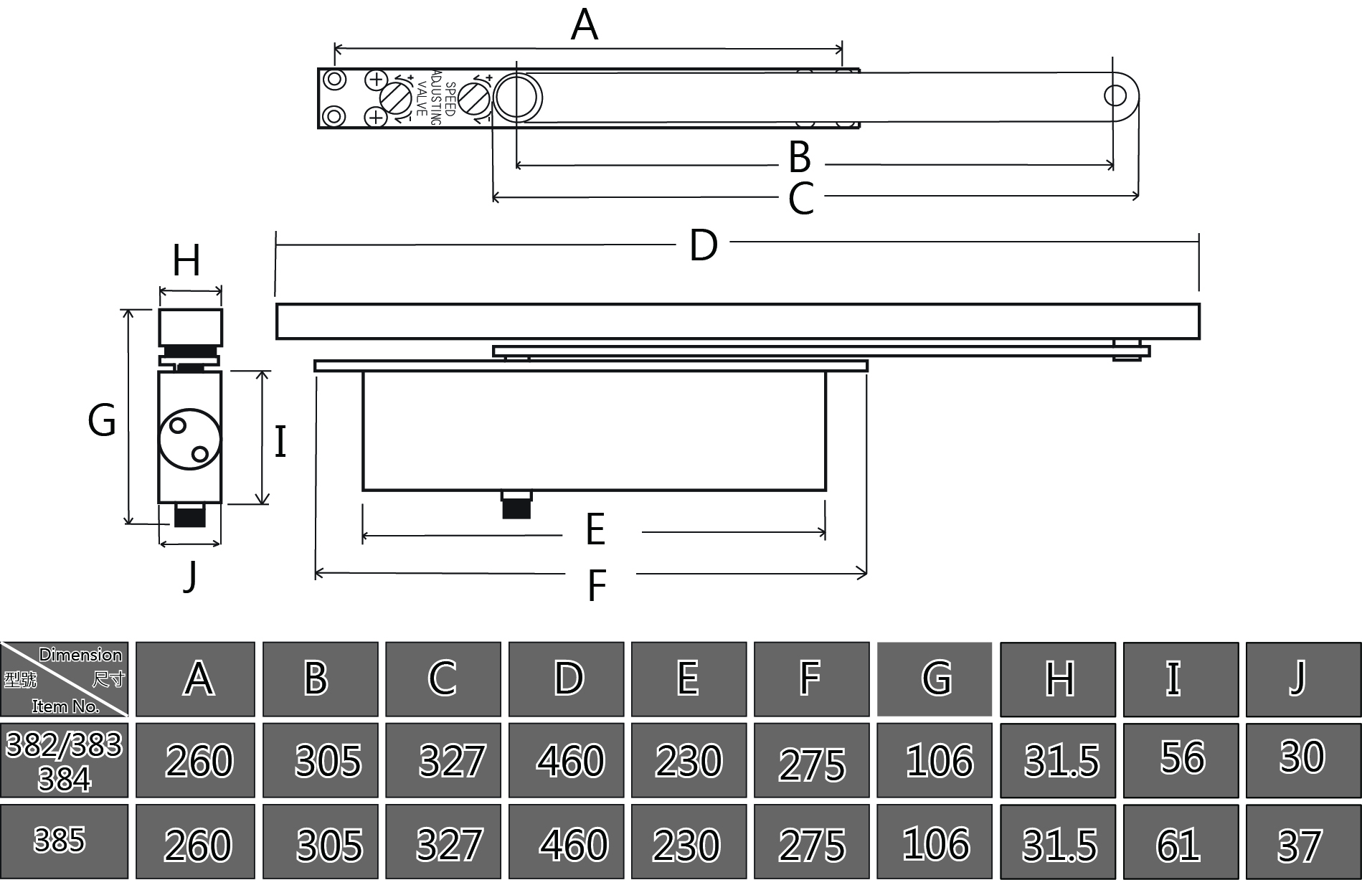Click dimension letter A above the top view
click(585, 25)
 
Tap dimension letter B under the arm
click(800, 157)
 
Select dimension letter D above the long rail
click(703, 245)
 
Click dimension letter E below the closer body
click(595, 530)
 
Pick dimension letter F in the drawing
click(597, 585)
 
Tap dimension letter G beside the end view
click(102, 420)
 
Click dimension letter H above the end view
click(186, 260)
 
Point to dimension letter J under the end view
click(190, 576)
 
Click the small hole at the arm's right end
click(1115, 95)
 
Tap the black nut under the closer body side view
click(516, 505)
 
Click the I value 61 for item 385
click(1178, 845)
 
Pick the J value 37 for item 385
click(1300, 846)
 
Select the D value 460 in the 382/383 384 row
click(571, 761)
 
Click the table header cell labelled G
click(935, 678)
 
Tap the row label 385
click(60, 840)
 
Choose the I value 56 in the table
click(1182, 757)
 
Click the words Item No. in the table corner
click(65, 706)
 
